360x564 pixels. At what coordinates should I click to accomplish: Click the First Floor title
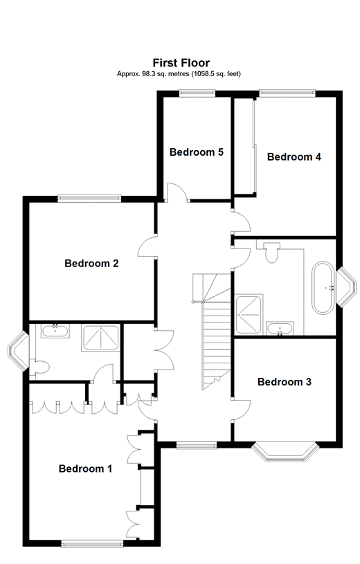pyautogui.click(x=181, y=63)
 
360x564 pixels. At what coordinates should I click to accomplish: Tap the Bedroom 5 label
pyautogui.click(x=197, y=152)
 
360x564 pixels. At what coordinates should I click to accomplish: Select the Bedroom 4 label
pyautogui.click(x=294, y=157)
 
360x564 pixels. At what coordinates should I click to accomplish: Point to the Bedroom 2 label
pyautogui.click(x=91, y=263)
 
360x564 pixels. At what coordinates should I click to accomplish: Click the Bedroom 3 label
pyautogui.click(x=285, y=381)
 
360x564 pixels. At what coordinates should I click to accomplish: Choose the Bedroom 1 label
pyautogui.click(x=85, y=469)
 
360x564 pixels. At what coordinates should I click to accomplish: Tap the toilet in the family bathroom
pyautogui.click(x=271, y=252)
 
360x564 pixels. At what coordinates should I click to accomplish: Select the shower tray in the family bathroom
pyautogui.click(x=249, y=314)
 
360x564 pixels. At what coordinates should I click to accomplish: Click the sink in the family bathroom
pyautogui.click(x=280, y=329)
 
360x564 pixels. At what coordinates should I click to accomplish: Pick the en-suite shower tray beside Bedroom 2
pyautogui.click(x=100, y=338)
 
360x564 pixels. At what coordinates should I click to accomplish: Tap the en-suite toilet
pyautogui.click(x=39, y=367)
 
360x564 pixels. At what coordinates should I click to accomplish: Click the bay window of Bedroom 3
pyautogui.click(x=285, y=452)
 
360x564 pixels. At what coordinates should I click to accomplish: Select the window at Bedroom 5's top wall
pyautogui.click(x=197, y=93)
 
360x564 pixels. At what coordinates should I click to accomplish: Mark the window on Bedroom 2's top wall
pyautogui.click(x=89, y=198)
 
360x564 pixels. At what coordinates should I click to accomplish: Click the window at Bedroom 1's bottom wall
pyautogui.click(x=92, y=543)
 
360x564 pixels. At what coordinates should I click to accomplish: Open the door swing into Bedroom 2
pyautogui.click(x=147, y=247)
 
